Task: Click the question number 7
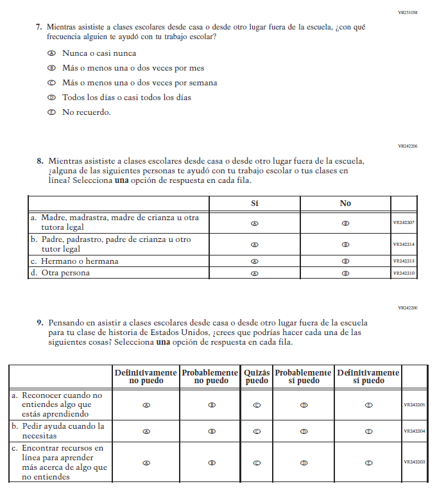click(x=39, y=27)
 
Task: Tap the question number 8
click(x=40, y=161)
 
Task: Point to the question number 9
click(x=40, y=323)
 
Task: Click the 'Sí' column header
click(x=254, y=203)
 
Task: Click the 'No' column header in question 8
click(x=345, y=203)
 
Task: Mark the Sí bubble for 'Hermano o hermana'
click(x=254, y=261)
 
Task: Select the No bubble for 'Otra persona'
click(x=345, y=273)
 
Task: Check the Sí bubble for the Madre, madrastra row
click(x=254, y=223)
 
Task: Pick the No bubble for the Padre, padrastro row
click(x=345, y=245)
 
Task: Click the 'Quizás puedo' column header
click(x=257, y=376)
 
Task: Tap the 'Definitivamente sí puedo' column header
click(x=368, y=376)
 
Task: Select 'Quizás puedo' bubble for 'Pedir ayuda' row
click(x=257, y=431)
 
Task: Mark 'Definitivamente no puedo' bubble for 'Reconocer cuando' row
click(x=146, y=405)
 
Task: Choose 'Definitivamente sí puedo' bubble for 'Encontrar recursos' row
click(x=368, y=462)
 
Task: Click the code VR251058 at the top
click(x=407, y=12)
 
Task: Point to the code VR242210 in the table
click(x=404, y=273)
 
